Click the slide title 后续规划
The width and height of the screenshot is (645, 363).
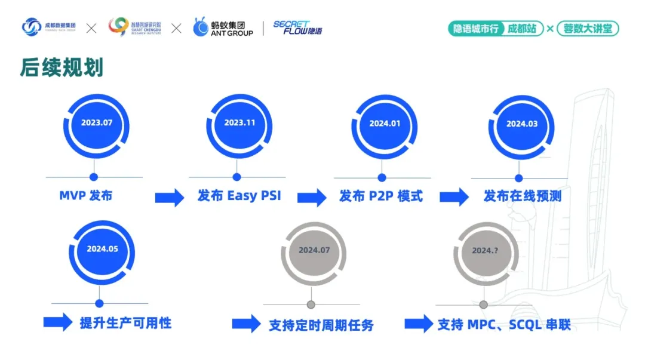tap(62, 68)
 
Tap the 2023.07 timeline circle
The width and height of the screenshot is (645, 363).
tap(97, 123)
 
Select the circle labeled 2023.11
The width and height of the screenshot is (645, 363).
tap(239, 122)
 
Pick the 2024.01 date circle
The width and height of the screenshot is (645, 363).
tap(385, 124)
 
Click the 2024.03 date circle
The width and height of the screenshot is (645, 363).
tap(522, 124)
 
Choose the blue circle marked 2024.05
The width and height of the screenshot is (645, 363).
tap(102, 249)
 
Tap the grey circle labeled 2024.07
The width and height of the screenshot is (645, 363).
tap(314, 250)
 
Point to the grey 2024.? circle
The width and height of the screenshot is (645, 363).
tap(485, 251)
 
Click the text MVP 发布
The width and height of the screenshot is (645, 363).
tap(85, 195)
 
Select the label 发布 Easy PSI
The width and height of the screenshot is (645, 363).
tap(239, 196)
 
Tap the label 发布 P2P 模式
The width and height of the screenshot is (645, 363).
tap(381, 196)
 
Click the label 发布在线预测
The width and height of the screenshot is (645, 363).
tap(522, 196)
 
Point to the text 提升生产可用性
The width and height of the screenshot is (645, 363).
tap(125, 323)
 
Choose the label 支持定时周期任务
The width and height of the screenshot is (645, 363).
tap(321, 325)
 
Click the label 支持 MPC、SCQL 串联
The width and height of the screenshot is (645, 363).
tap(504, 325)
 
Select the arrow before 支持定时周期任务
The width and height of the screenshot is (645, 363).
tap(246, 324)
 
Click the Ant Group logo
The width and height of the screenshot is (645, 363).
tap(223, 27)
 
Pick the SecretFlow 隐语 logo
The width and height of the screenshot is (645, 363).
tap(297, 27)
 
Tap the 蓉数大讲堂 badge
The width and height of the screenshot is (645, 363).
tap(588, 28)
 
